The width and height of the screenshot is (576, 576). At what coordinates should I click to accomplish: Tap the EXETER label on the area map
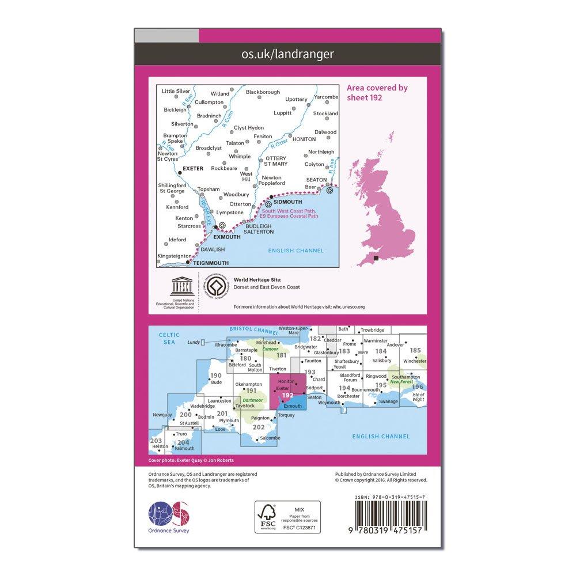click(193, 169)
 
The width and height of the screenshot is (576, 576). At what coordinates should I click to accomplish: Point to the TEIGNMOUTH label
click(211, 263)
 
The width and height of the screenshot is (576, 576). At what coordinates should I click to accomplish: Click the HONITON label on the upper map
click(304, 139)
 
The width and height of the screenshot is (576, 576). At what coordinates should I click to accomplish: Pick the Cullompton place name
click(209, 102)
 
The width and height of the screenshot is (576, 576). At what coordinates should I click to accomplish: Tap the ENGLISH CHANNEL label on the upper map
click(295, 251)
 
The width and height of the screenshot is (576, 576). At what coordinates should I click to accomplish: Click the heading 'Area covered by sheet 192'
click(377, 93)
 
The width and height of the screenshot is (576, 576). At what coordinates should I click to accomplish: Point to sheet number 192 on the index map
click(288, 395)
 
